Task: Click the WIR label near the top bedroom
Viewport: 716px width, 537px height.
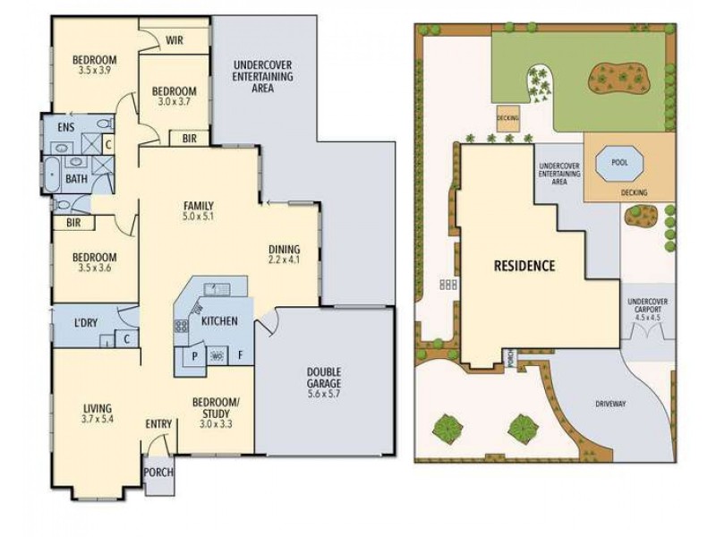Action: pos(175,39)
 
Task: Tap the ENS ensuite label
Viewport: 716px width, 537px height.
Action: pos(66,127)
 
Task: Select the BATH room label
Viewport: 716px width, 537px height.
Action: pos(76,178)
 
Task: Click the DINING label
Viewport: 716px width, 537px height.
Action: pos(285,250)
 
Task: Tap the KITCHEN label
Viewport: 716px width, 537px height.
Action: pos(219,320)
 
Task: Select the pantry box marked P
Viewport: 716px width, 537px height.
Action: pos(193,354)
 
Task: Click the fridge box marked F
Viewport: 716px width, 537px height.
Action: pos(240,354)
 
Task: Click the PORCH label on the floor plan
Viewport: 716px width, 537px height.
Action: pos(159,473)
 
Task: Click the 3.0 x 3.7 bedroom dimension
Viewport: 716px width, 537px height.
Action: pos(174,103)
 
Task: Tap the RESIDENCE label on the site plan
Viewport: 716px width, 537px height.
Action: pos(524,266)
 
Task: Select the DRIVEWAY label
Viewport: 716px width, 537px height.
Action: pos(610,404)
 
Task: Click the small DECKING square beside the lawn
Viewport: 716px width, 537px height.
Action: pos(507,118)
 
